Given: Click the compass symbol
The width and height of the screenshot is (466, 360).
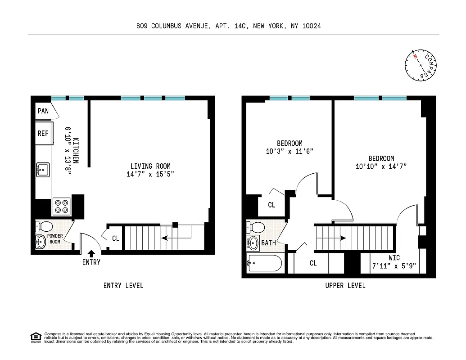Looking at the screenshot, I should pos(421,66).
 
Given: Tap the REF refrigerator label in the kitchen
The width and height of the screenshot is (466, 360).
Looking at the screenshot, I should pos(43,133).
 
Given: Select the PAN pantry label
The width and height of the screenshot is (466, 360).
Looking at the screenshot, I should pos(43,111).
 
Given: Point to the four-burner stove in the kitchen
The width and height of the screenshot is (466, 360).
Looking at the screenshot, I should pos(61,206).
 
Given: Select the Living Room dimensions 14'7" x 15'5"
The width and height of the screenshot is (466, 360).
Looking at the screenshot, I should pos(150,174).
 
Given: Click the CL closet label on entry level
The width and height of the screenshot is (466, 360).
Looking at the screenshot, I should pos(116,238).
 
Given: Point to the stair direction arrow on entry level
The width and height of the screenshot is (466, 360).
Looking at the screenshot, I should pos(169,238).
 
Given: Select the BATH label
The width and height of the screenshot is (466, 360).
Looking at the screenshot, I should pos(269,243).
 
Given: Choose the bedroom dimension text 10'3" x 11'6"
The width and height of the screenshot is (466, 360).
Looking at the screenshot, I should pos(289,152).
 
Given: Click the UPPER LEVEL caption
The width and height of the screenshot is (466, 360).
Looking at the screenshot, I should pos(345,285).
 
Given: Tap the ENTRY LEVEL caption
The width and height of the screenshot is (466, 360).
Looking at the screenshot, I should pos(123,285).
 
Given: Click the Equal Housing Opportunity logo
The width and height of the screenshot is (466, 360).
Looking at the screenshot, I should pos(35,337).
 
